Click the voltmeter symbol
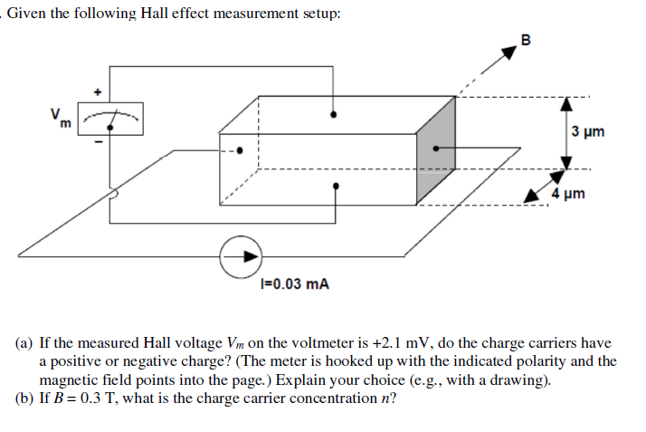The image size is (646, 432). click(111, 117)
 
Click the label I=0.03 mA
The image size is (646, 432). click(294, 283)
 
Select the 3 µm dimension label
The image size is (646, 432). click(589, 132)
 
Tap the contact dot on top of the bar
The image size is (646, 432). click(336, 115)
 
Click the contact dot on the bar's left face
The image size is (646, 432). click(241, 151)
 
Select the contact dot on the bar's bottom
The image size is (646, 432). click(336, 187)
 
